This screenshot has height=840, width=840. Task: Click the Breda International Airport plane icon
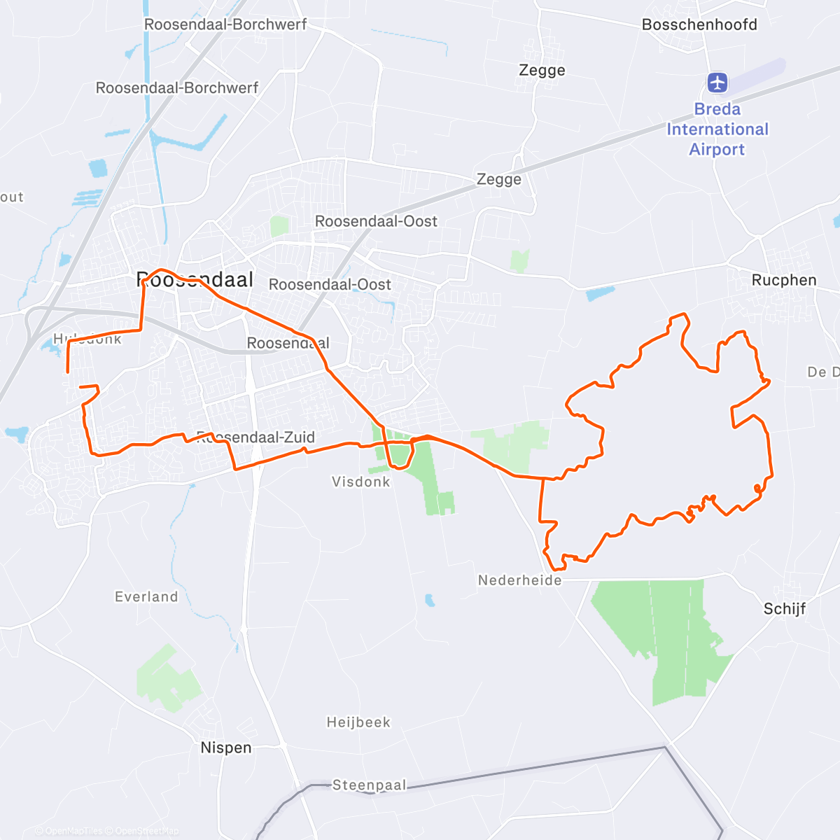[x=717, y=83]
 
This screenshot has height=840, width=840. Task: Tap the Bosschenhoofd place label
[x=699, y=25]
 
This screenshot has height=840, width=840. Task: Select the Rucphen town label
[x=783, y=281]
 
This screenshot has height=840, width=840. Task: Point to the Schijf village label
[x=784, y=609]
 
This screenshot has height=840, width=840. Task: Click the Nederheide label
[x=519, y=580]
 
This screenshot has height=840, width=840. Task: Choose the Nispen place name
[x=225, y=748]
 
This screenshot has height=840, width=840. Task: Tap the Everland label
[x=146, y=597]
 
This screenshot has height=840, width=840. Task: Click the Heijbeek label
[x=358, y=722]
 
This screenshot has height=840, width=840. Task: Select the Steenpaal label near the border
[x=369, y=785]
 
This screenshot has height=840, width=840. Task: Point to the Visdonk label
[x=360, y=482]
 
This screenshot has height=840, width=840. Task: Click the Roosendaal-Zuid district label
[x=255, y=438]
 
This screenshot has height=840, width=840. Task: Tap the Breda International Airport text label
[x=717, y=129]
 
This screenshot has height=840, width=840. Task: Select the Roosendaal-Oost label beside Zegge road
[x=376, y=221]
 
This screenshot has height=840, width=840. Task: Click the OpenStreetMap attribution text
[x=146, y=831]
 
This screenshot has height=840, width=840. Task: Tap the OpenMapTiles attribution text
[x=73, y=831]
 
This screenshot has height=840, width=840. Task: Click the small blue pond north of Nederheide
[x=429, y=600]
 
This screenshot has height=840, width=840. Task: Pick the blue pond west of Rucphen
[x=601, y=293]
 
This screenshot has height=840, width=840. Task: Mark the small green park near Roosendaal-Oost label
[x=279, y=226]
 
